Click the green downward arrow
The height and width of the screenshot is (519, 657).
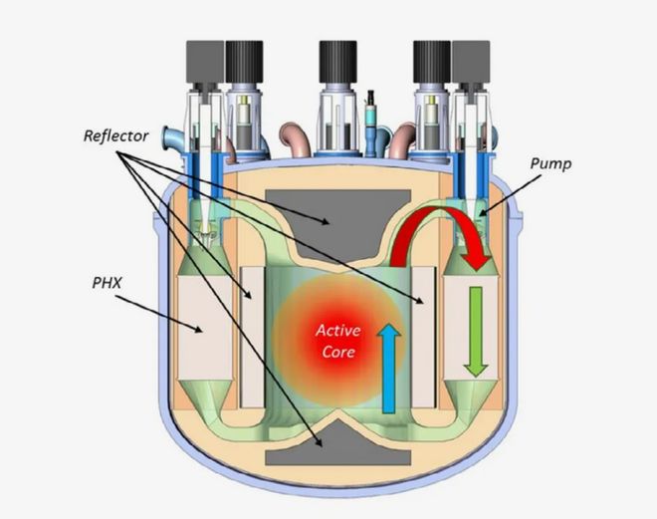[x=476, y=330]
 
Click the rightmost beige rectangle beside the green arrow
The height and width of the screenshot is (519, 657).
[x=462, y=329]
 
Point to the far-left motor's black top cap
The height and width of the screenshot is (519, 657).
[x=203, y=62]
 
